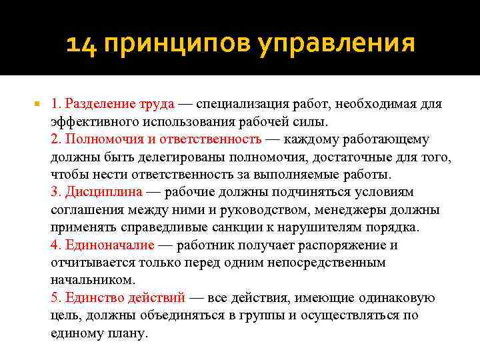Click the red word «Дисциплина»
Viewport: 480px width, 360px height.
(x=103, y=192)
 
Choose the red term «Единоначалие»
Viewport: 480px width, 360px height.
(x=110, y=245)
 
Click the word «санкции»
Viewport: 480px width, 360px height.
(x=247, y=227)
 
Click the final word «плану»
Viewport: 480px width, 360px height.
(x=125, y=332)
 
